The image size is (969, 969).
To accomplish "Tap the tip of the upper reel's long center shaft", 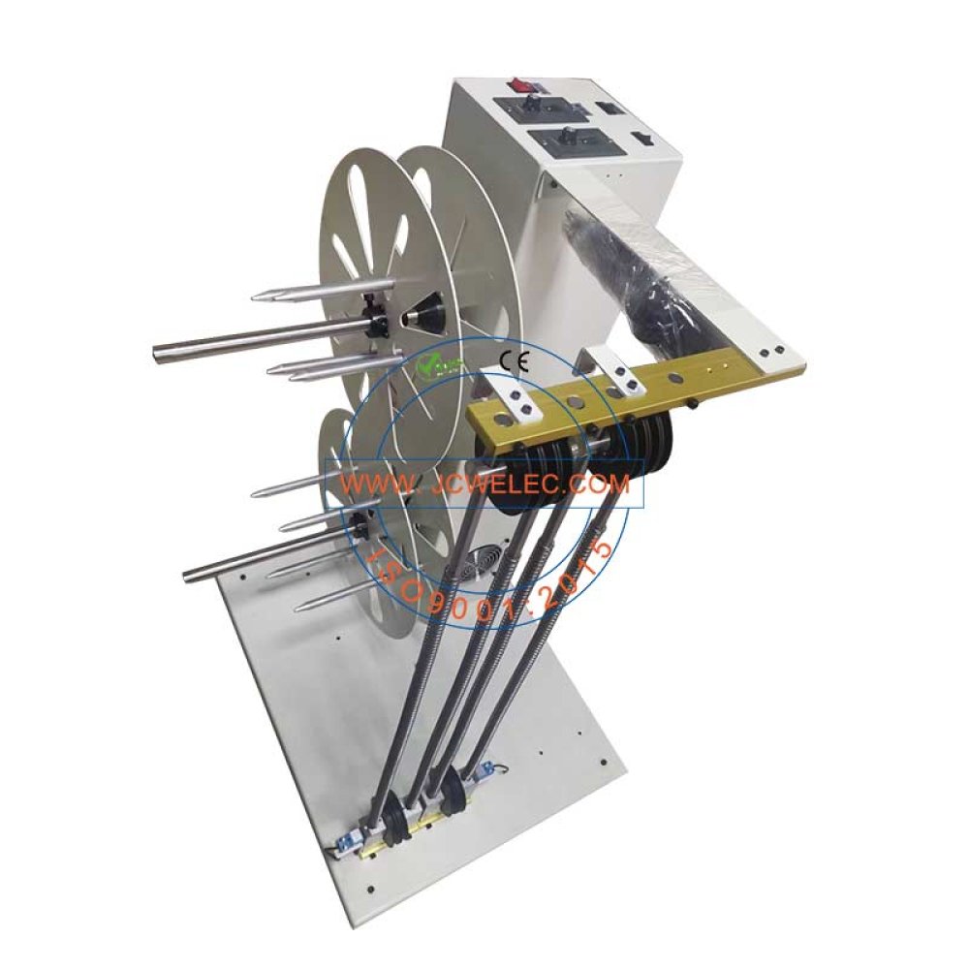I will [x=158, y=351].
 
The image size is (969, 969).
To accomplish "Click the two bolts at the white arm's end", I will [x=770, y=353].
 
